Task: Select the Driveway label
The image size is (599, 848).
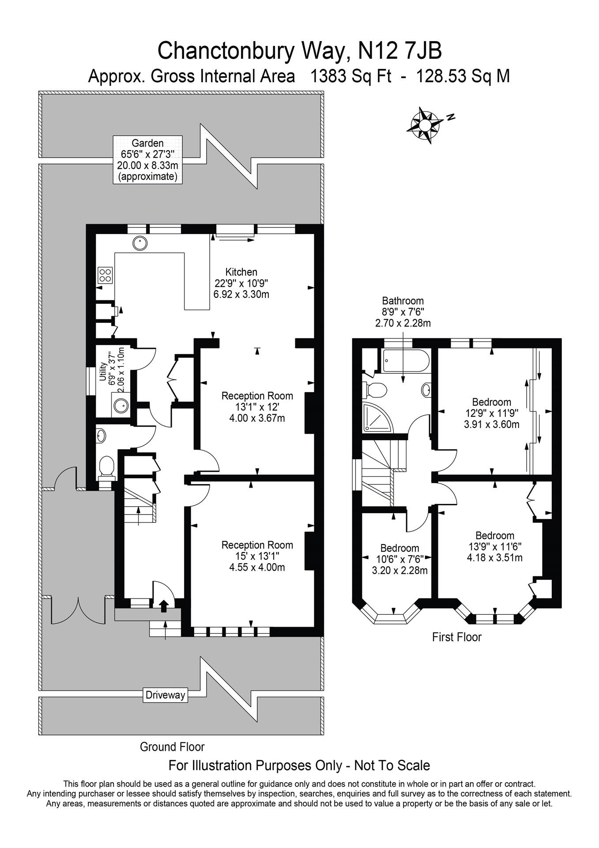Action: click(x=166, y=695)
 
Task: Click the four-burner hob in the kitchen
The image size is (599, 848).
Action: click(x=105, y=276)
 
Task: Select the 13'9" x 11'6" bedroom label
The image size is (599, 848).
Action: click(x=494, y=546)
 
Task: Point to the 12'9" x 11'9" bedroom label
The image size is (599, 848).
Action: click(x=491, y=413)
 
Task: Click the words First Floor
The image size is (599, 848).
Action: click(x=456, y=637)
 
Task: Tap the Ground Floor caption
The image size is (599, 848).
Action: click(x=172, y=747)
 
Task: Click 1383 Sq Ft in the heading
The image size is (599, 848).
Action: click(x=351, y=76)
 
